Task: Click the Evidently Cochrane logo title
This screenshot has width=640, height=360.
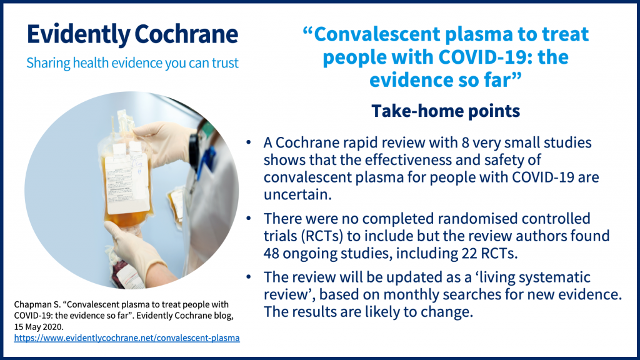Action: pyautogui.click(x=132, y=34)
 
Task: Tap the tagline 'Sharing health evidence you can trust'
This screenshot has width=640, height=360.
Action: pyautogui.click(x=132, y=63)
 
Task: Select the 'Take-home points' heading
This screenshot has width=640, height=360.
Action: pyautogui.click(x=446, y=111)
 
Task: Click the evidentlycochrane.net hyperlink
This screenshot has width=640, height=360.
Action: pyautogui.click(x=127, y=338)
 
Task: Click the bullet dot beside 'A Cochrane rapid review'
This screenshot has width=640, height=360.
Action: pyautogui.click(x=249, y=143)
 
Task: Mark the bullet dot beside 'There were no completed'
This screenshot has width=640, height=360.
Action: pyautogui.click(x=249, y=219)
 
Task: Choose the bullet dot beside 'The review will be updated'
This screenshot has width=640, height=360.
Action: pyautogui.click(x=249, y=277)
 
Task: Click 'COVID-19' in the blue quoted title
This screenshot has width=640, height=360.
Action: pyautogui.click(x=462, y=57)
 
